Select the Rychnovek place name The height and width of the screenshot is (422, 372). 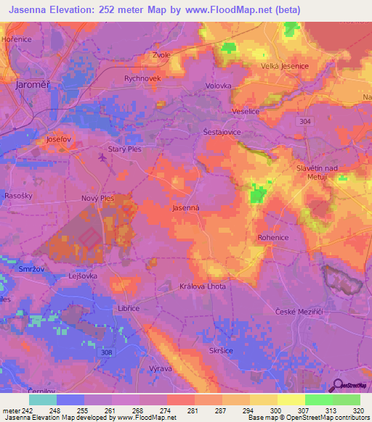142,78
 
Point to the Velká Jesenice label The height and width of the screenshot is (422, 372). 285,66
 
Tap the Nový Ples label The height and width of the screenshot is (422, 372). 97,197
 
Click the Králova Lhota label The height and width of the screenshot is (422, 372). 203,286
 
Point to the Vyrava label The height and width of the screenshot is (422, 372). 160,368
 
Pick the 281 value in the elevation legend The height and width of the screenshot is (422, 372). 192,411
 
